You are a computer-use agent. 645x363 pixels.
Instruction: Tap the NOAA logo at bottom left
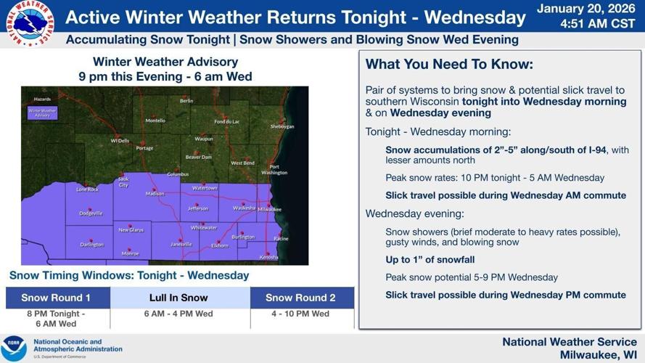coord(14,348)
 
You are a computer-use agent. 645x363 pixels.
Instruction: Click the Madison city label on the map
coord(155,194)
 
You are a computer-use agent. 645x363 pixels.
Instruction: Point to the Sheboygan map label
coord(282,126)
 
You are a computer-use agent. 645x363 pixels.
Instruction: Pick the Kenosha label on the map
coord(268,257)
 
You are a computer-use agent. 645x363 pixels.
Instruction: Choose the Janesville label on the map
coord(181,245)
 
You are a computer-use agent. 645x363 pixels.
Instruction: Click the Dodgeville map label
coord(91,213)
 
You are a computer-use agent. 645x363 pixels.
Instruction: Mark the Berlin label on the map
coord(186,101)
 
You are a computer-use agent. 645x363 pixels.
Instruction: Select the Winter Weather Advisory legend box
coord(43,113)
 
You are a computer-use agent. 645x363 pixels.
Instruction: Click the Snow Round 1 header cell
coord(57,298)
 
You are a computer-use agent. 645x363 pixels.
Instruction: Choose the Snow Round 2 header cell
coord(300,298)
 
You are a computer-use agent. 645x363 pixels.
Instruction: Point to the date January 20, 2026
coord(585,9)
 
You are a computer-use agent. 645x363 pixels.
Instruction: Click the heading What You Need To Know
coord(449,65)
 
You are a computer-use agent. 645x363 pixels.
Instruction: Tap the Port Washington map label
coord(274,170)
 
